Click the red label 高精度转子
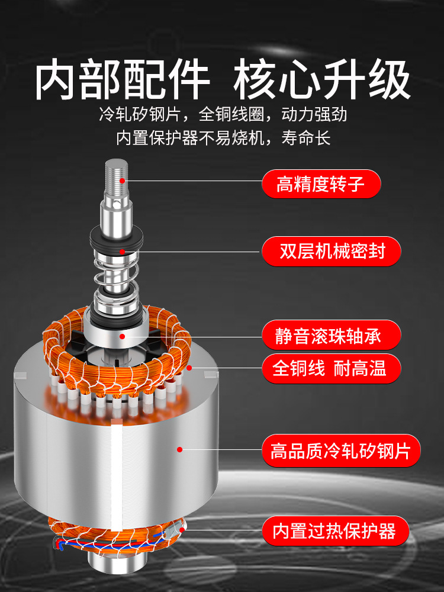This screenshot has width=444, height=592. (x=321, y=184)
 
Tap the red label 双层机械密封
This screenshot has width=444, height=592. (x=332, y=252)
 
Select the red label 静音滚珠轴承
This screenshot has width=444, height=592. (x=332, y=337)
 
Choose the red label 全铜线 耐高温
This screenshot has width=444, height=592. (x=332, y=368)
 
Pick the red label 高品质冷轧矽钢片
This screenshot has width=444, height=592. (x=341, y=452)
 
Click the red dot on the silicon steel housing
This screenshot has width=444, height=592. (x=179, y=450)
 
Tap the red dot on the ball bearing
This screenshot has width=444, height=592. (x=123, y=336)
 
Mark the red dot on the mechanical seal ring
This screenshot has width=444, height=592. (x=123, y=251)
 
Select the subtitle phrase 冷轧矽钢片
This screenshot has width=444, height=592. (x=140, y=114)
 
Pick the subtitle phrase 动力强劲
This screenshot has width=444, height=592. (x=314, y=114)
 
